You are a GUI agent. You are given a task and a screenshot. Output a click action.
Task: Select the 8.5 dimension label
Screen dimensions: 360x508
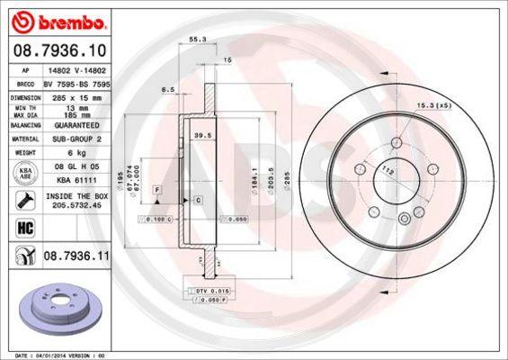tap(167, 90)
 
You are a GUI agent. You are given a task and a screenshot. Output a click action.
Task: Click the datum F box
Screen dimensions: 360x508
tap(157, 191)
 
